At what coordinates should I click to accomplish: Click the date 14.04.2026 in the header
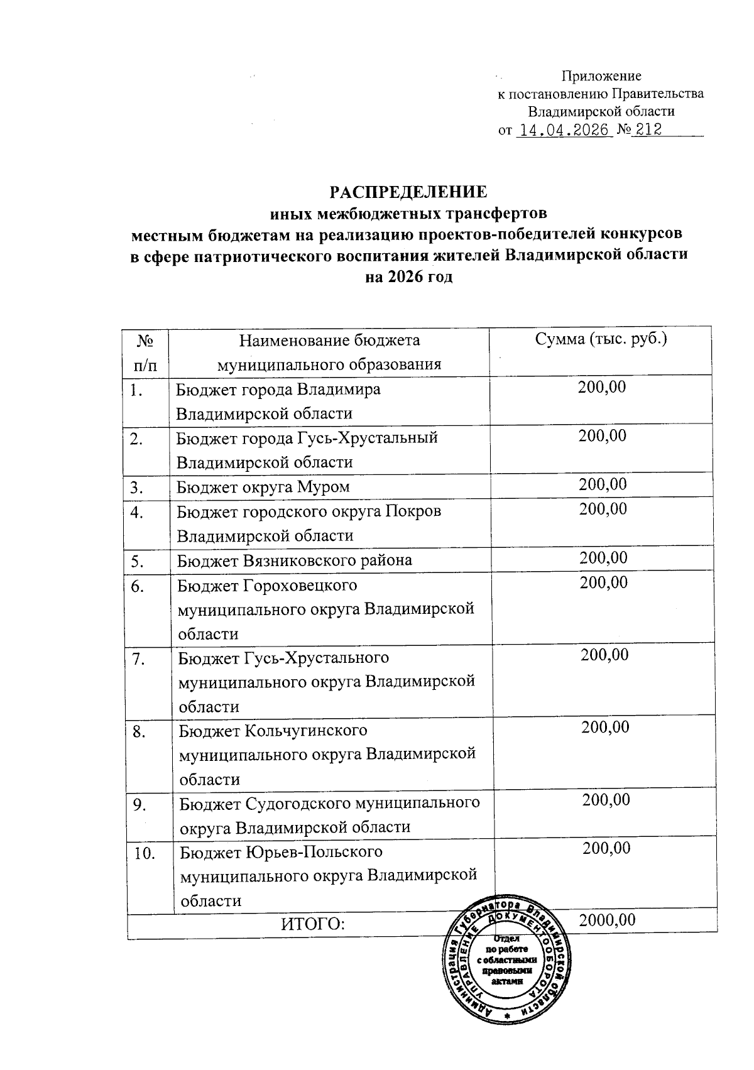pyautogui.click(x=563, y=130)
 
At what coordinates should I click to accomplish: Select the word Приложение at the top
pyautogui.click(x=601, y=76)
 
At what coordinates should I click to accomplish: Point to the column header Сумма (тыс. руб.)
pyautogui.click(x=601, y=339)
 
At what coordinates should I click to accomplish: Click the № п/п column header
pyautogui.click(x=146, y=352)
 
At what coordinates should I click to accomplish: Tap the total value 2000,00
pyautogui.click(x=607, y=920)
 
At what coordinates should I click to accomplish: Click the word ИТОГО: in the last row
pyautogui.click(x=314, y=924)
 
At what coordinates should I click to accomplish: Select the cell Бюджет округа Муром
pyautogui.click(x=263, y=487)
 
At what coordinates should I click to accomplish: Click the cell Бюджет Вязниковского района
pyautogui.click(x=294, y=560)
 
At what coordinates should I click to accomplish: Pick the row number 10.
pyautogui.click(x=145, y=853)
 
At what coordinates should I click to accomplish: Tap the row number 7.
pyautogui.click(x=139, y=659)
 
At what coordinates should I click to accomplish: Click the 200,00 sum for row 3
pyautogui.click(x=603, y=484)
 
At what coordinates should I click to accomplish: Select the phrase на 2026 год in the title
pyautogui.click(x=408, y=278)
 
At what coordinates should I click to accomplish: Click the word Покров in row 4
pyautogui.click(x=417, y=511)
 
